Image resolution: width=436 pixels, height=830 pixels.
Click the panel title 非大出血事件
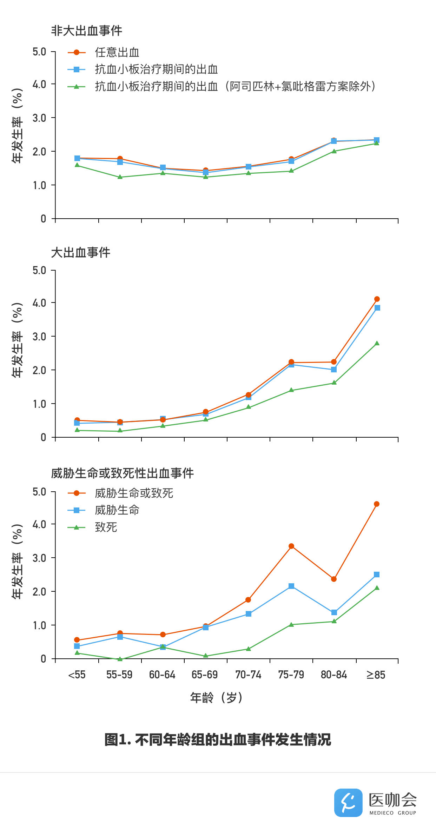[x=86, y=31]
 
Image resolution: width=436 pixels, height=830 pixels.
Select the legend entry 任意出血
[x=117, y=53]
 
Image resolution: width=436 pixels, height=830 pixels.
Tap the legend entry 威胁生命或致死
[x=134, y=493]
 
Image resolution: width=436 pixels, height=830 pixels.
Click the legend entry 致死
[x=106, y=527]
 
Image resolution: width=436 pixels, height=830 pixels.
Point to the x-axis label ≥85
[x=376, y=675]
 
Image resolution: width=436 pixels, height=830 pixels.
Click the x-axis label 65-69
[x=205, y=675]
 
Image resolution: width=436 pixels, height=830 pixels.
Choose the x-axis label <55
[x=77, y=675]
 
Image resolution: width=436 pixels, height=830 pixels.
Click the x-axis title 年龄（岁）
[x=217, y=698]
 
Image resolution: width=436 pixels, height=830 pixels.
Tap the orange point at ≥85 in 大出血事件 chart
[x=377, y=299]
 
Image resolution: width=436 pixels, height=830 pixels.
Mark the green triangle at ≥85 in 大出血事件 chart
[x=377, y=343]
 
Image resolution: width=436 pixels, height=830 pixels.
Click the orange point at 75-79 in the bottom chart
[x=291, y=546]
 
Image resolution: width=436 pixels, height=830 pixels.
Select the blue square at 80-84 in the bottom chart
[x=334, y=612]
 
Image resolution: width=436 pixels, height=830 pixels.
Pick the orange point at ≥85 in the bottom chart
[x=377, y=504]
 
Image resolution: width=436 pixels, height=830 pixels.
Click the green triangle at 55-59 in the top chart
[x=120, y=177]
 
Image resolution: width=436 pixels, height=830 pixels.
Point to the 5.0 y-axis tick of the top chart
[x=39, y=52]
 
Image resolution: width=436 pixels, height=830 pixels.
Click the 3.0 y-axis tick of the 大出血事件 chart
[x=39, y=337]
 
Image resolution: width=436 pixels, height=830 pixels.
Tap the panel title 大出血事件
[x=81, y=252]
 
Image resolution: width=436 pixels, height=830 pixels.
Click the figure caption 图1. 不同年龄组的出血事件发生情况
[x=218, y=739]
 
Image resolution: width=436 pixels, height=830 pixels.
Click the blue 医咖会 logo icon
[x=348, y=803]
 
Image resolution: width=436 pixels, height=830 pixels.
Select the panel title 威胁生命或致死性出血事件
[x=123, y=473]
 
